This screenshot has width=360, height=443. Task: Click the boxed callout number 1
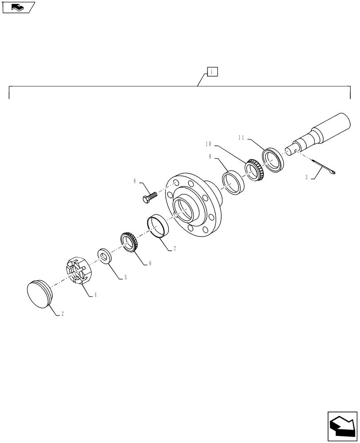(x=212, y=72)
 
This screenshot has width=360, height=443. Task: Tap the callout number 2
(x=63, y=314)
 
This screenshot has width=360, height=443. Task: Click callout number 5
(x=125, y=277)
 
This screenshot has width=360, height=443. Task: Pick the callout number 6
(x=150, y=263)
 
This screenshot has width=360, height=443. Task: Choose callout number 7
(x=174, y=249)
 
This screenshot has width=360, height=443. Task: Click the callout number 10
(x=208, y=144)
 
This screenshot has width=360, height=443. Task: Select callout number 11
(x=241, y=137)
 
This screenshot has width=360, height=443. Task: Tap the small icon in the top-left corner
(x=17, y=7)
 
